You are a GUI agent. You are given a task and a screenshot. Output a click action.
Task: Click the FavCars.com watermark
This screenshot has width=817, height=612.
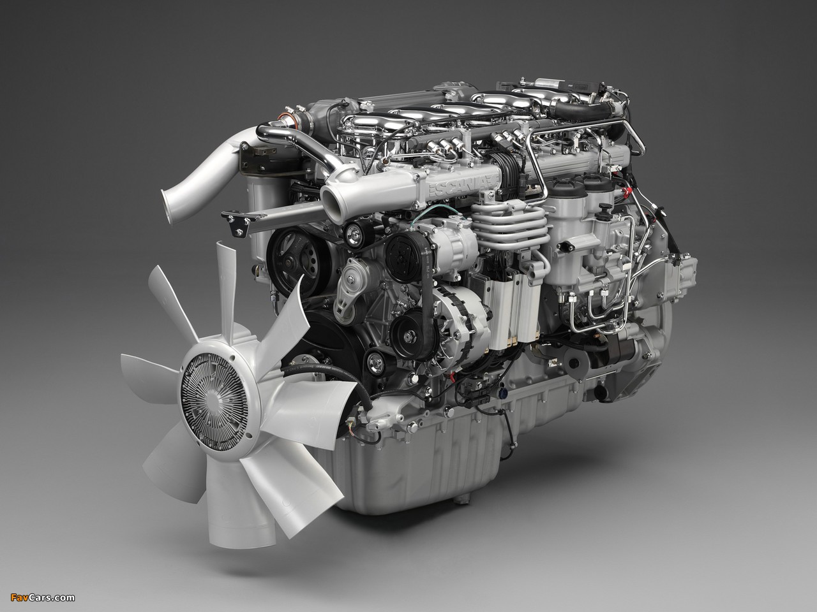click(42, 597)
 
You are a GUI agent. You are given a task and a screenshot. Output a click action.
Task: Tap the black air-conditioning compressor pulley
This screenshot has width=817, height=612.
click(406, 252)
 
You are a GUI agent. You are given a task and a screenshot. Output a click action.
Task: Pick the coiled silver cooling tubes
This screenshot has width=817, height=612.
click(510, 225)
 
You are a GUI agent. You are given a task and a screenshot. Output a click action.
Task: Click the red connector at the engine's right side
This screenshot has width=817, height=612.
click(627, 193)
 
